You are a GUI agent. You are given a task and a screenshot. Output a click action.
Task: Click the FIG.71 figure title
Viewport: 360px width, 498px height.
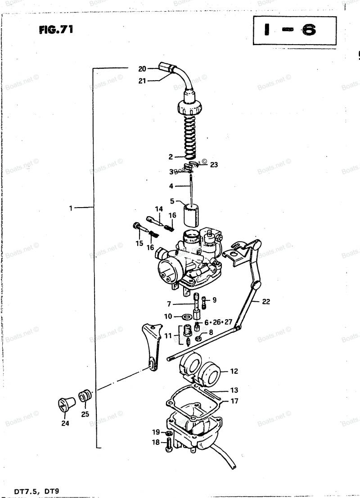click(x=56, y=30)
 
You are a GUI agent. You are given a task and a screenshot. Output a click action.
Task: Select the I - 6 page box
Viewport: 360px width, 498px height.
click(x=294, y=31)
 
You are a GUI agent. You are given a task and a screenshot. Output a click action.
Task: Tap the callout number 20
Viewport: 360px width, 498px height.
click(x=142, y=68)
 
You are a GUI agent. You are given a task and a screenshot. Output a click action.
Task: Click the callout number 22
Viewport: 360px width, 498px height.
click(x=266, y=301)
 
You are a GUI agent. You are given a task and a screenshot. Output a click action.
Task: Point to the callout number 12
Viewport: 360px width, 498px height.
click(x=234, y=371)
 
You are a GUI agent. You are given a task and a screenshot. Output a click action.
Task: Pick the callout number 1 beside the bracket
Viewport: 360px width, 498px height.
click(x=71, y=208)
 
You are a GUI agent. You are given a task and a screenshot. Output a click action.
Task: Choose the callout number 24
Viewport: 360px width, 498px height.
click(x=65, y=423)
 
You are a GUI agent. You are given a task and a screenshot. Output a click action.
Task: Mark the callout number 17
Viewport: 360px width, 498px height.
click(x=234, y=401)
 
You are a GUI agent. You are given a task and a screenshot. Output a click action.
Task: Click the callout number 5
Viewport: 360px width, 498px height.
click(x=172, y=201)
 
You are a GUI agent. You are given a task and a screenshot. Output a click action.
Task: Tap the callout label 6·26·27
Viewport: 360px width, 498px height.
click(x=218, y=322)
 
